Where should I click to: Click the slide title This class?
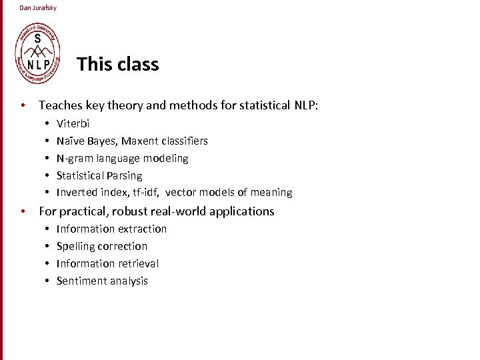117,65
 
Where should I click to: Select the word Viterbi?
73,124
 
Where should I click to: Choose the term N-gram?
74,159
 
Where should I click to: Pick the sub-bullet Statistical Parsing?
99,176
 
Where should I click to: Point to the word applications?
241,211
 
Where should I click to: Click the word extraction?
141,229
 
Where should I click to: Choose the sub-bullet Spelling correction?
102,246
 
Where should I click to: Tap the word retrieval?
138,263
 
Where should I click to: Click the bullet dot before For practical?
23,211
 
